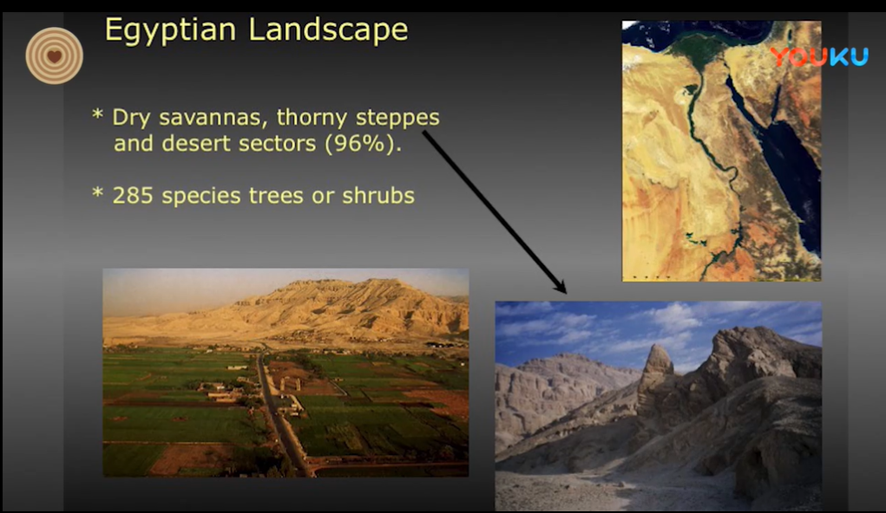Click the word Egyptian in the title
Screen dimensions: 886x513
170,30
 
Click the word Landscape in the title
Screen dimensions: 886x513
328,29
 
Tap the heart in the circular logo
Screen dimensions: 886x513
55,56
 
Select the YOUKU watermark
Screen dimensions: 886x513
819,57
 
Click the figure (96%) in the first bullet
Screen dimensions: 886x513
363,144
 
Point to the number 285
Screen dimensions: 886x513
133,196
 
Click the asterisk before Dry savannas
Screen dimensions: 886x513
97,115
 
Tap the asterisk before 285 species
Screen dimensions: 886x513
97,193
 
